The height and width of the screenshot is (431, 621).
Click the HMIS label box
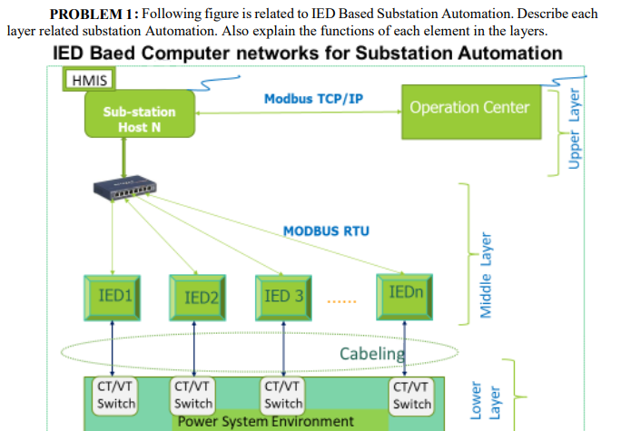tap(89, 79)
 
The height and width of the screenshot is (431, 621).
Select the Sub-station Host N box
tap(140, 114)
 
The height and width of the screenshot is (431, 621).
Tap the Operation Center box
tap(471, 112)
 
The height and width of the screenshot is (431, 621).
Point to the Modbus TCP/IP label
tap(313, 99)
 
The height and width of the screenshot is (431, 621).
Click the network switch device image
tap(124, 187)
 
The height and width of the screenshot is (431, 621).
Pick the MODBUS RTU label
tap(326, 230)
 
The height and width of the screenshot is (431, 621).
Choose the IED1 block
tap(113, 298)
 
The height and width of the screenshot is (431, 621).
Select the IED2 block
tap(198, 298)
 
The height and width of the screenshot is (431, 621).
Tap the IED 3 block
tap(283, 298)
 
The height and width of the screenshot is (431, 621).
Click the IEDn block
tap(404, 297)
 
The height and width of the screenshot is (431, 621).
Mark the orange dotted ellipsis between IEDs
tap(341, 301)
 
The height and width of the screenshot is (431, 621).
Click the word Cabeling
tap(372, 354)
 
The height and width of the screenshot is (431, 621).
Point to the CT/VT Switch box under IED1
tap(115, 396)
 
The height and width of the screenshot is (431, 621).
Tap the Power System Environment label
tap(266, 422)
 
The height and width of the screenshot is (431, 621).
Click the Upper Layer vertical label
tap(575, 129)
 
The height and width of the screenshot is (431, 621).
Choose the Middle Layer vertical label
tap(486, 276)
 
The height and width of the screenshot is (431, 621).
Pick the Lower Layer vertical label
tap(485, 400)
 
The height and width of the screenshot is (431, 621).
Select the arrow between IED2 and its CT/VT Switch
tap(194, 348)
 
